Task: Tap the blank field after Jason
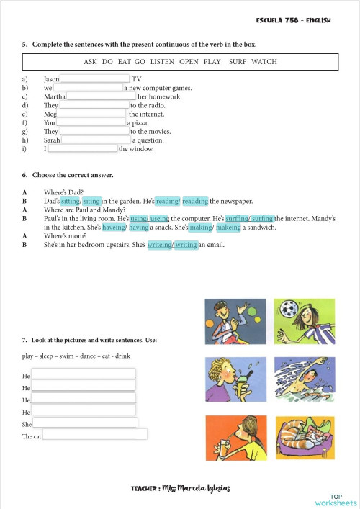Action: [94, 78]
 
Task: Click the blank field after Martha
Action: [101, 96]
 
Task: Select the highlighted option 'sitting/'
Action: [71, 201]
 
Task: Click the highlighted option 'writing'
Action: [186, 244]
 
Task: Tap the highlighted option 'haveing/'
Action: [115, 227]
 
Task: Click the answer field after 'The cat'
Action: [95, 435]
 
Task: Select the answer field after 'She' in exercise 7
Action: [85, 423]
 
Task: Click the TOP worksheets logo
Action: [335, 499]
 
